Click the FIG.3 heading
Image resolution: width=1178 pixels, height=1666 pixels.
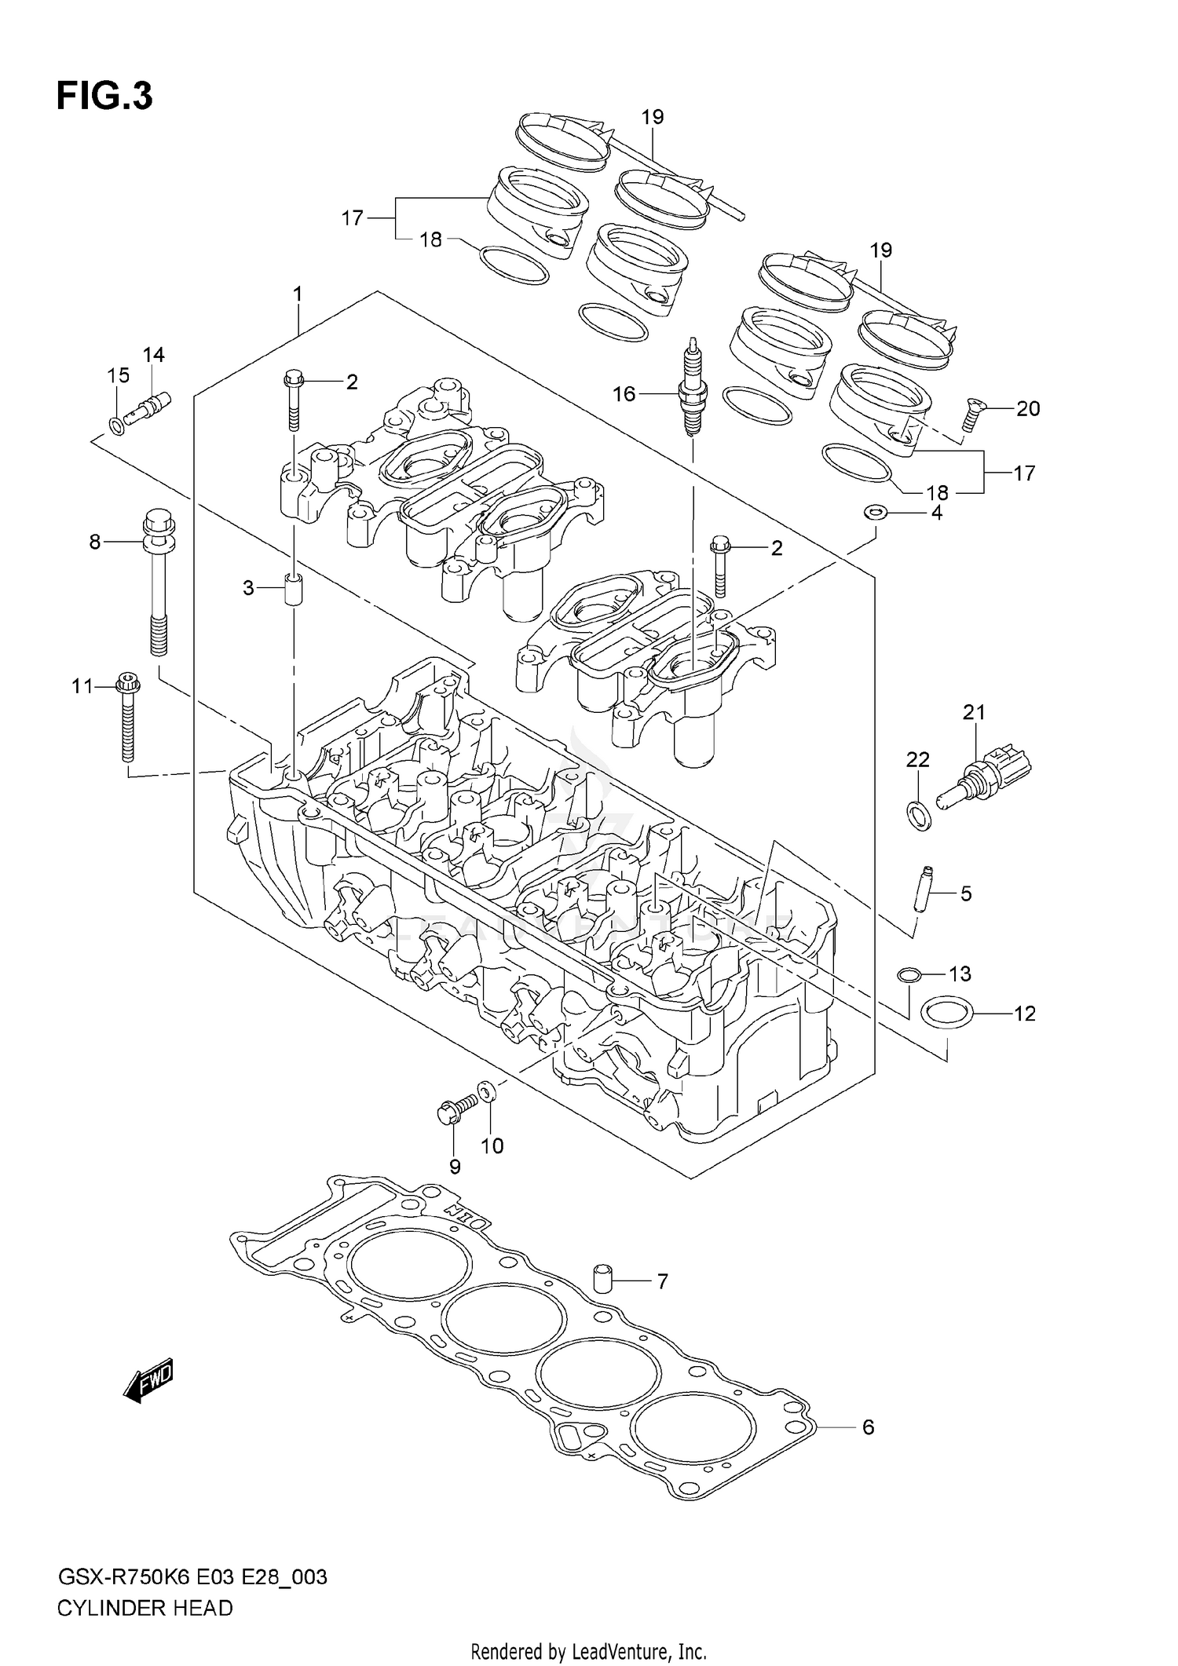104,96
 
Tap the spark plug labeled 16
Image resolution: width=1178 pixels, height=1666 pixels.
692,389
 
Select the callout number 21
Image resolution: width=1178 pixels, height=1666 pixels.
974,712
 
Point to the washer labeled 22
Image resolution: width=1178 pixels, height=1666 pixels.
919,816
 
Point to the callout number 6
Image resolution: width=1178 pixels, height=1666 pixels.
868,1427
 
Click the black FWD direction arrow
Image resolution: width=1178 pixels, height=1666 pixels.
148,1381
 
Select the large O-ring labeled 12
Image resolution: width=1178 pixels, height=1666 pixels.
946,1013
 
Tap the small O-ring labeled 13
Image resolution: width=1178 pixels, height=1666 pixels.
909,976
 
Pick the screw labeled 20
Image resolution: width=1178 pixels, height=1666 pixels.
973,415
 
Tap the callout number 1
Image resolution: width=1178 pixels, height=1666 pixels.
298,294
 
